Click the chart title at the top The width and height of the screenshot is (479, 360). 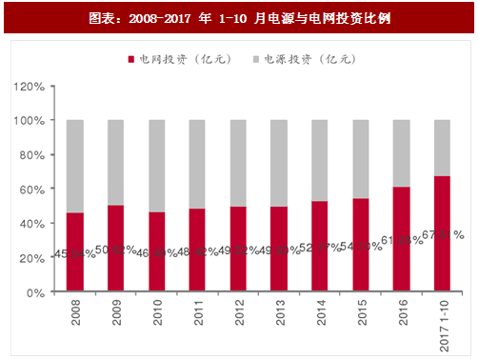tap(239, 17)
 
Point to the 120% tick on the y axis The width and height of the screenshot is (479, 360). tap(29, 87)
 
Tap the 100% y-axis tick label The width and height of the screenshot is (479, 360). tap(29, 121)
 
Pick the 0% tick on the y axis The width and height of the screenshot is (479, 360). tap(34, 292)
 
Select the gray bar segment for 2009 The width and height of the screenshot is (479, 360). tap(115, 163)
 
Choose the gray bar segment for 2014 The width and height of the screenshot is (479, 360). tap(320, 161)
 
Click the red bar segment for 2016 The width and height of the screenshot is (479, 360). tap(402, 239)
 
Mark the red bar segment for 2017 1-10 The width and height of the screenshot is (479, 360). tap(443, 234)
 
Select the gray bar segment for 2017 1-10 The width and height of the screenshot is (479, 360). tap(443, 148)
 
